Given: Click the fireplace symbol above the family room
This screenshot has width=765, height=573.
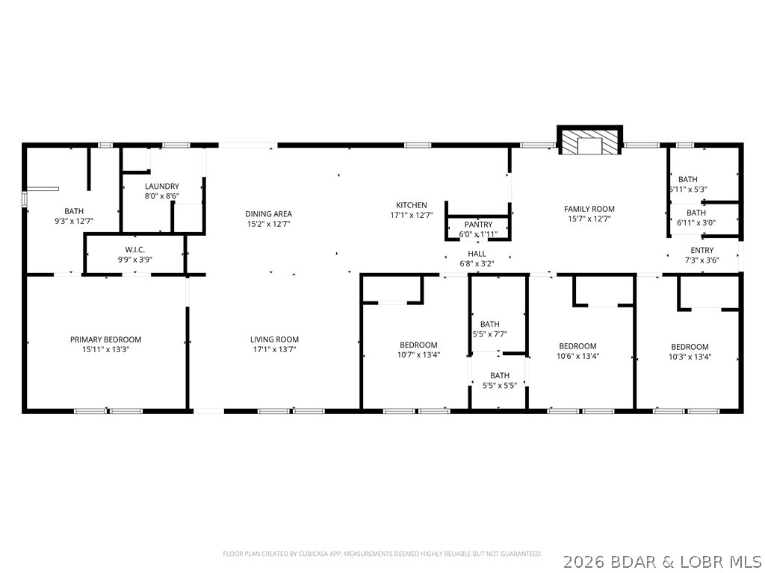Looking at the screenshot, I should (589, 143).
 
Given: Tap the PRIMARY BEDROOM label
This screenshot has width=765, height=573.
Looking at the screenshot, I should (105, 339).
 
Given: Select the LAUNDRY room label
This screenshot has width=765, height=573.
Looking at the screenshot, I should (162, 187).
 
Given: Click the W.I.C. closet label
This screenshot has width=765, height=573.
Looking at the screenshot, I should (134, 249).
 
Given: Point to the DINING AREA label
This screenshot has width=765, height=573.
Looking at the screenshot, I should (268, 214).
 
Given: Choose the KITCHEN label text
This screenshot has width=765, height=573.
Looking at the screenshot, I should (411, 205).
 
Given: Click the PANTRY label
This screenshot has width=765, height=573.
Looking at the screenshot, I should (478, 225).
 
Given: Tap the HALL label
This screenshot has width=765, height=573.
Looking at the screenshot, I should (477, 254).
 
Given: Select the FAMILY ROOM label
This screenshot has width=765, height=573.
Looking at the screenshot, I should (589, 209).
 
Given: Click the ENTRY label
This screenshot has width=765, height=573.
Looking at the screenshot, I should (701, 250).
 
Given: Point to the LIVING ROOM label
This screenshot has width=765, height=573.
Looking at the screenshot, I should (274, 339).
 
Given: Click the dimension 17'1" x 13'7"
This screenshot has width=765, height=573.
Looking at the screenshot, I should (274, 349).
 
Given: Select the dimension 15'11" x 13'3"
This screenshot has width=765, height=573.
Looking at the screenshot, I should (105, 349).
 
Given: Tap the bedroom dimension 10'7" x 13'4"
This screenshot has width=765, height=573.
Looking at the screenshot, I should (418, 355).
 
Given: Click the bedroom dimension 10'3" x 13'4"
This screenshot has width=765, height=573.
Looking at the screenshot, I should (689, 357).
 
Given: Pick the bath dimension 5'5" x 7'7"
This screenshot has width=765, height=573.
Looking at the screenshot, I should (489, 334).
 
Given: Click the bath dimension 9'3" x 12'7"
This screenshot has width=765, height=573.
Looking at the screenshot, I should (74, 221).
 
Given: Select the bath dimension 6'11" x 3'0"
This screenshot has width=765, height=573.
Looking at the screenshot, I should (696, 222).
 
